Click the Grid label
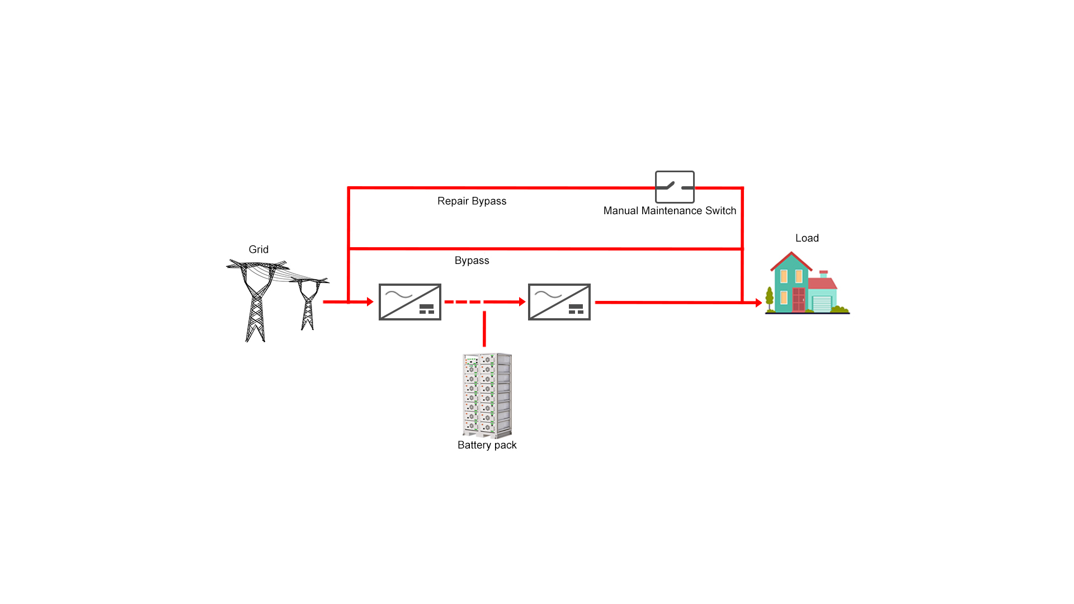(258, 249)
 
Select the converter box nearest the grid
(410, 302)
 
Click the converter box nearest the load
(559, 302)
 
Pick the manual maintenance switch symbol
(675, 187)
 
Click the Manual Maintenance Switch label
(670, 211)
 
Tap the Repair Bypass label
(472, 201)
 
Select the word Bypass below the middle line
(472, 261)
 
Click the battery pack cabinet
(487, 395)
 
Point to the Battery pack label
(487, 445)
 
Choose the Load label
(807, 238)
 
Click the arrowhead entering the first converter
(370, 302)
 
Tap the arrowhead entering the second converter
(522, 302)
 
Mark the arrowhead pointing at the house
(759, 303)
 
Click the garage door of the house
(822, 304)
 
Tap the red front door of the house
(798, 300)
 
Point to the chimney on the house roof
(823, 274)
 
